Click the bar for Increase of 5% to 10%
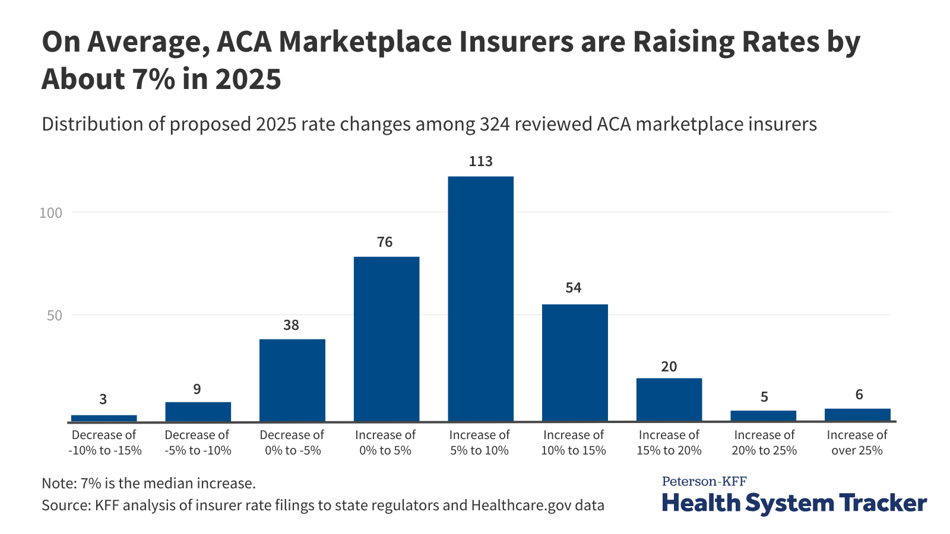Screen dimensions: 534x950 pyautogui.click(x=480, y=299)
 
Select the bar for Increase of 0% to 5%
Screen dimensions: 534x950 pyautogui.click(x=387, y=339)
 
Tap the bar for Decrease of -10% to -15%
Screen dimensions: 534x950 pyautogui.click(x=104, y=418)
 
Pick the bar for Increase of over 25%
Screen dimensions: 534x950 pyautogui.click(x=857, y=415)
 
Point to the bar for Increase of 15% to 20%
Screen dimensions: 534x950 pyautogui.click(x=669, y=400)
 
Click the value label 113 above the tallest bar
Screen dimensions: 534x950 pyautogui.click(x=480, y=161)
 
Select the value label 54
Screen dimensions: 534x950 pyautogui.click(x=574, y=288)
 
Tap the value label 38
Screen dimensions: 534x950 pyautogui.click(x=291, y=325)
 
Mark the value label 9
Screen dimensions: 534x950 pyautogui.click(x=197, y=389)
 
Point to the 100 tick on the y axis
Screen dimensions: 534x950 pyautogui.click(x=50, y=212)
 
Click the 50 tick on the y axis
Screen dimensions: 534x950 pyautogui.click(x=55, y=315)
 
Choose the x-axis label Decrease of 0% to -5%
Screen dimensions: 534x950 pyautogui.click(x=292, y=443)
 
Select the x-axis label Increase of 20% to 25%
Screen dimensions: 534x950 pyautogui.click(x=764, y=443)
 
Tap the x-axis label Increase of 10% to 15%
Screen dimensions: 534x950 pyautogui.click(x=574, y=443)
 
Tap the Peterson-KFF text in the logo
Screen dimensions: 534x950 pyautogui.click(x=704, y=481)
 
